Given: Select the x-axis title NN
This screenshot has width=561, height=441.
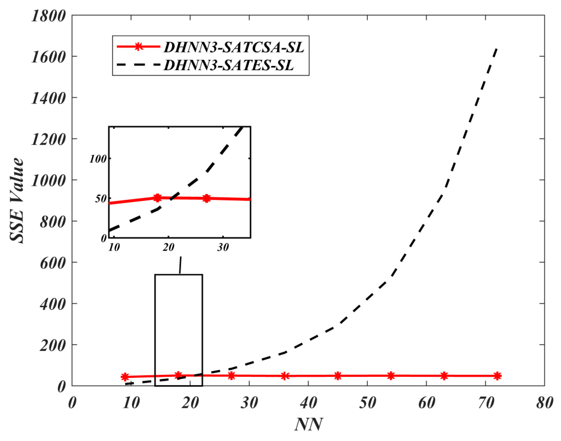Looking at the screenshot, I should pos(309,425).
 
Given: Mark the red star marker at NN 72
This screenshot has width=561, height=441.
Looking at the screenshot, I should pos(497,376).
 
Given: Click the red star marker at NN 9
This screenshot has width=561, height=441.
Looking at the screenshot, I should pos(125,377).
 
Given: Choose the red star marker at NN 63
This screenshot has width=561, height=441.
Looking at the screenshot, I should pos(444,376).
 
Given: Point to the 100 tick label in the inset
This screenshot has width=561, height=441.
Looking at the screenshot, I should pos(98,159).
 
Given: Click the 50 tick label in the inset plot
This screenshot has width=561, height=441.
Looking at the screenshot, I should pos(101,199).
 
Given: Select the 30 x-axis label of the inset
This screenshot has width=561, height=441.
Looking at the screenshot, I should pos(223,248).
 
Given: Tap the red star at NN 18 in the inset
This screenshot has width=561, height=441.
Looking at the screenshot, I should pos(157,198).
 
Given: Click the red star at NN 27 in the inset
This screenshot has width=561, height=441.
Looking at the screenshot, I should pos(206,198).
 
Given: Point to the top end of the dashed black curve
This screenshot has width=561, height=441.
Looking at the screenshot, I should pos(497,48).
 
